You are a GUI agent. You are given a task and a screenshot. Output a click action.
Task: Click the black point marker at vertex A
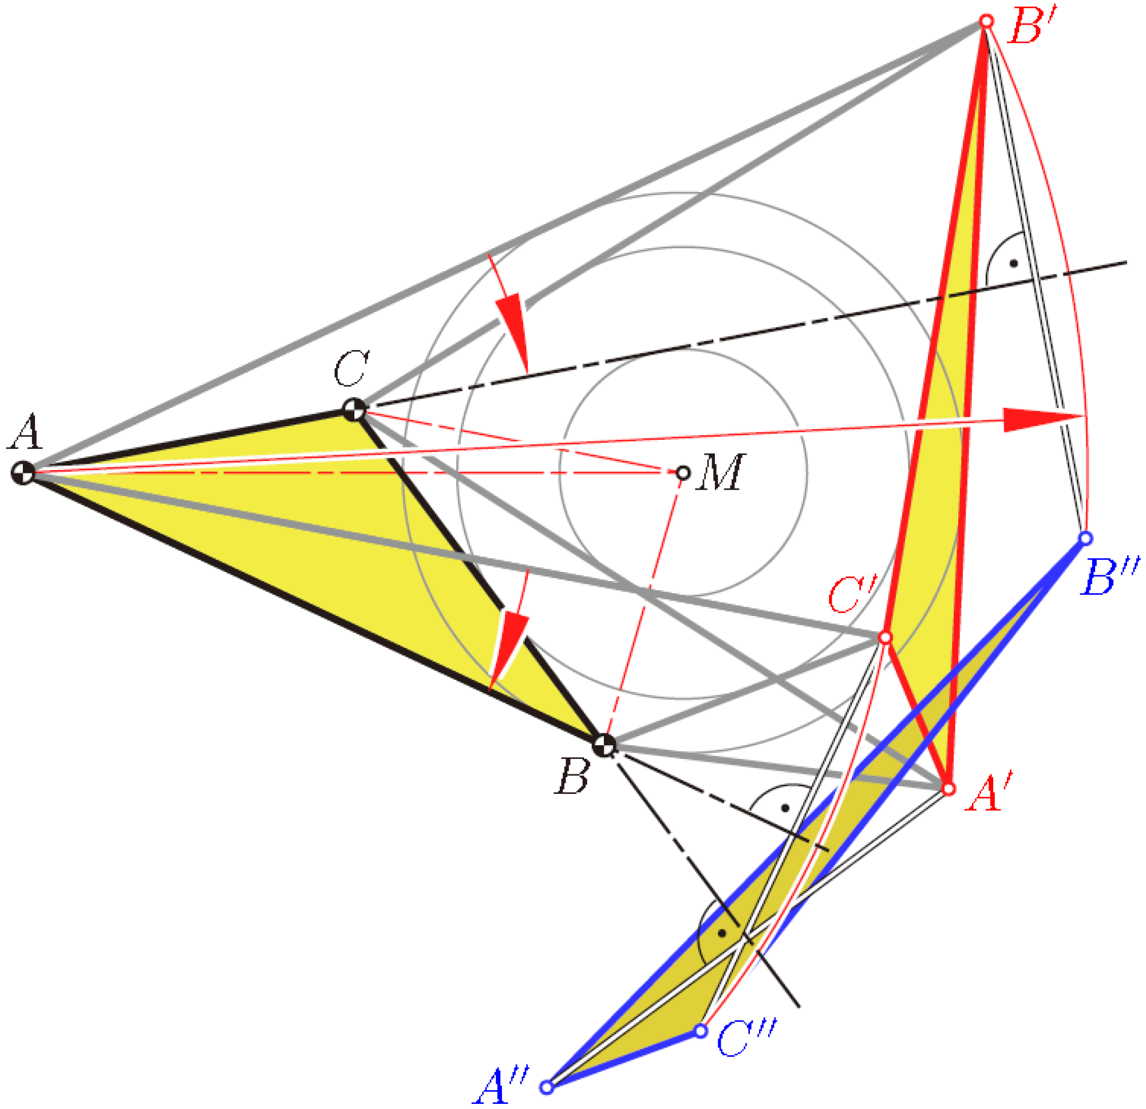pyautogui.click(x=23, y=472)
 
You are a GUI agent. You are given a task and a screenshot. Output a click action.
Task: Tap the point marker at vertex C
pyautogui.click(x=354, y=410)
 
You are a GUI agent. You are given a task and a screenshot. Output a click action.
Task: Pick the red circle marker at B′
pyautogui.click(x=986, y=22)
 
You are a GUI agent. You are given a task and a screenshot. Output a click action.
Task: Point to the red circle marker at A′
pyautogui.click(x=949, y=789)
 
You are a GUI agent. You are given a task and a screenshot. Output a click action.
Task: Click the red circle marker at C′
pyautogui.click(x=885, y=638)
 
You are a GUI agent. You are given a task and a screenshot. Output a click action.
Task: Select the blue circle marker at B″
pyautogui.click(x=1085, y=538)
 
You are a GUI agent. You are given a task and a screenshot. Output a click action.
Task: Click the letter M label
pyautogui.click(x=721, y=472)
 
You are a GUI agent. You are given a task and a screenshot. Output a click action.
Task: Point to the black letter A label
pyautogui.click(x=26, y=432)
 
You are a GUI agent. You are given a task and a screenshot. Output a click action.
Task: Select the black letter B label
pyautogui.click(x=572, y=778)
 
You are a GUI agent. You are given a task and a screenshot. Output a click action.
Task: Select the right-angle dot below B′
pyautogui.click(x=1014, y=264)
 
